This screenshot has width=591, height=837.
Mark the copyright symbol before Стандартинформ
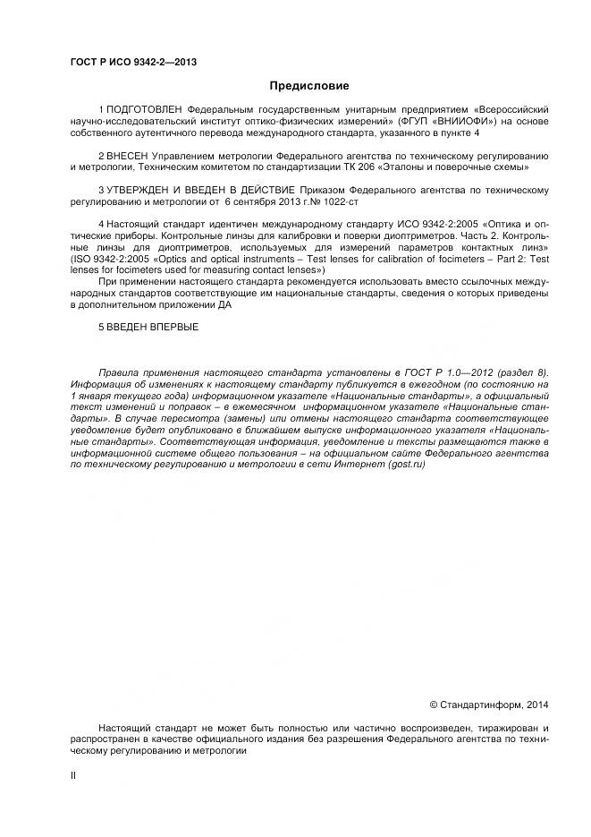pos(435,705)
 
